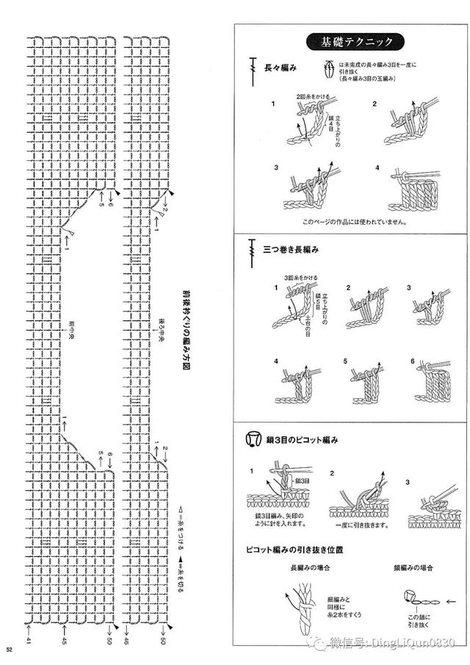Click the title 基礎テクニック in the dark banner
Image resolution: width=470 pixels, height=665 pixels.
click(x=352, y=41)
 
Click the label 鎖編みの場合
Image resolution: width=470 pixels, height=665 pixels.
click(x=413, y=567)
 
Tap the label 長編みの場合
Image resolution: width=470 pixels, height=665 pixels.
click(x=306, y=567)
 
